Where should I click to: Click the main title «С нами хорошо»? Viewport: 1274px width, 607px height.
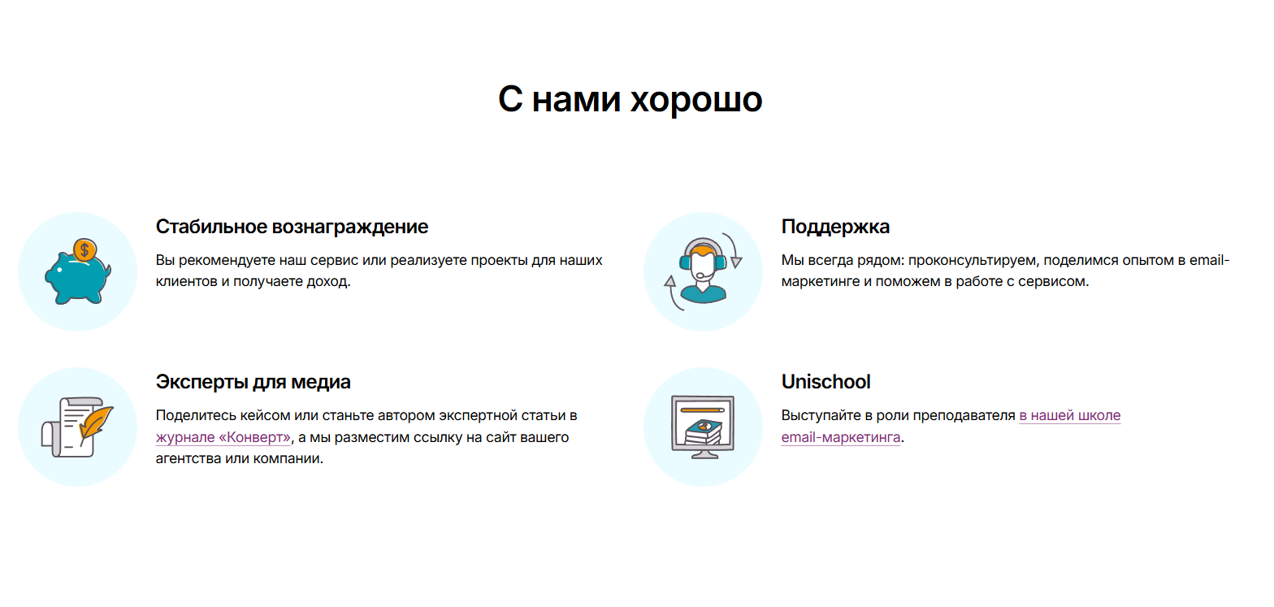click(x=630, y=99)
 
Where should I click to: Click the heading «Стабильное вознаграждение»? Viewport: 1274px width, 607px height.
click(x=292, y=227)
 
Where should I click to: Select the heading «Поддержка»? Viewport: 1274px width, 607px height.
click(x=835, y=227)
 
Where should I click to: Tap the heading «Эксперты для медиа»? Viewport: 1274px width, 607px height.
click(x=253, y=382)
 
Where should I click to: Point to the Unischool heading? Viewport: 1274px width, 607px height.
click(x=825, y=382)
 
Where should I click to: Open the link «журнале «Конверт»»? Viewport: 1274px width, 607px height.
click(x=223, y=437)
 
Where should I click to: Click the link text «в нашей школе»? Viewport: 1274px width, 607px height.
click(x=1070, y=415)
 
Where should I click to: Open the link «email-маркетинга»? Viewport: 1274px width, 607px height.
click(x=841, y=437)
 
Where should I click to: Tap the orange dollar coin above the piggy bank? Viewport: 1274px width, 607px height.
click(x=84, y=249)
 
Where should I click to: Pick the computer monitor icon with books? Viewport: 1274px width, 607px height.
click(x=703, y=427)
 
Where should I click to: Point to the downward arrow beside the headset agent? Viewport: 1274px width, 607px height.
click(x=734, y=249)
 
